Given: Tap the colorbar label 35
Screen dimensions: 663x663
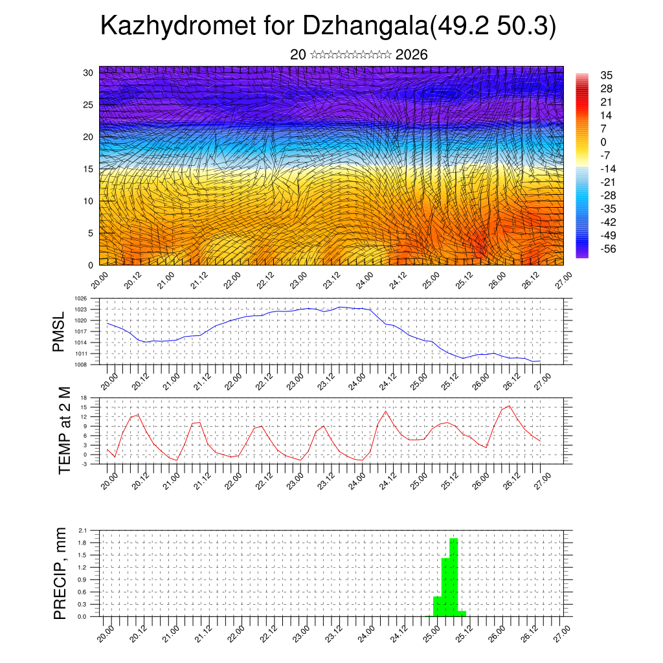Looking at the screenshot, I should coord(607,76).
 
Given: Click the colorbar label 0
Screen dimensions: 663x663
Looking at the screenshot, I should coord(604,142).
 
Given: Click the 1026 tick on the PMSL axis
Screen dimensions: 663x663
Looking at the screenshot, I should coord(81,298).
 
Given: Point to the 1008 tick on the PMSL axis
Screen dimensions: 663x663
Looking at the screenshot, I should coord(81,365).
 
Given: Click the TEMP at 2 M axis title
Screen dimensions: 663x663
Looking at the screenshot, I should coord(64,431).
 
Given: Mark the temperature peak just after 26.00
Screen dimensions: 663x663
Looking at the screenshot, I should coord(509,406).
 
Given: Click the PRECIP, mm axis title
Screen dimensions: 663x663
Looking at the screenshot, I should coord(60,572).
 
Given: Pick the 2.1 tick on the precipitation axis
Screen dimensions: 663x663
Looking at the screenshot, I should coord(82,530).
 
